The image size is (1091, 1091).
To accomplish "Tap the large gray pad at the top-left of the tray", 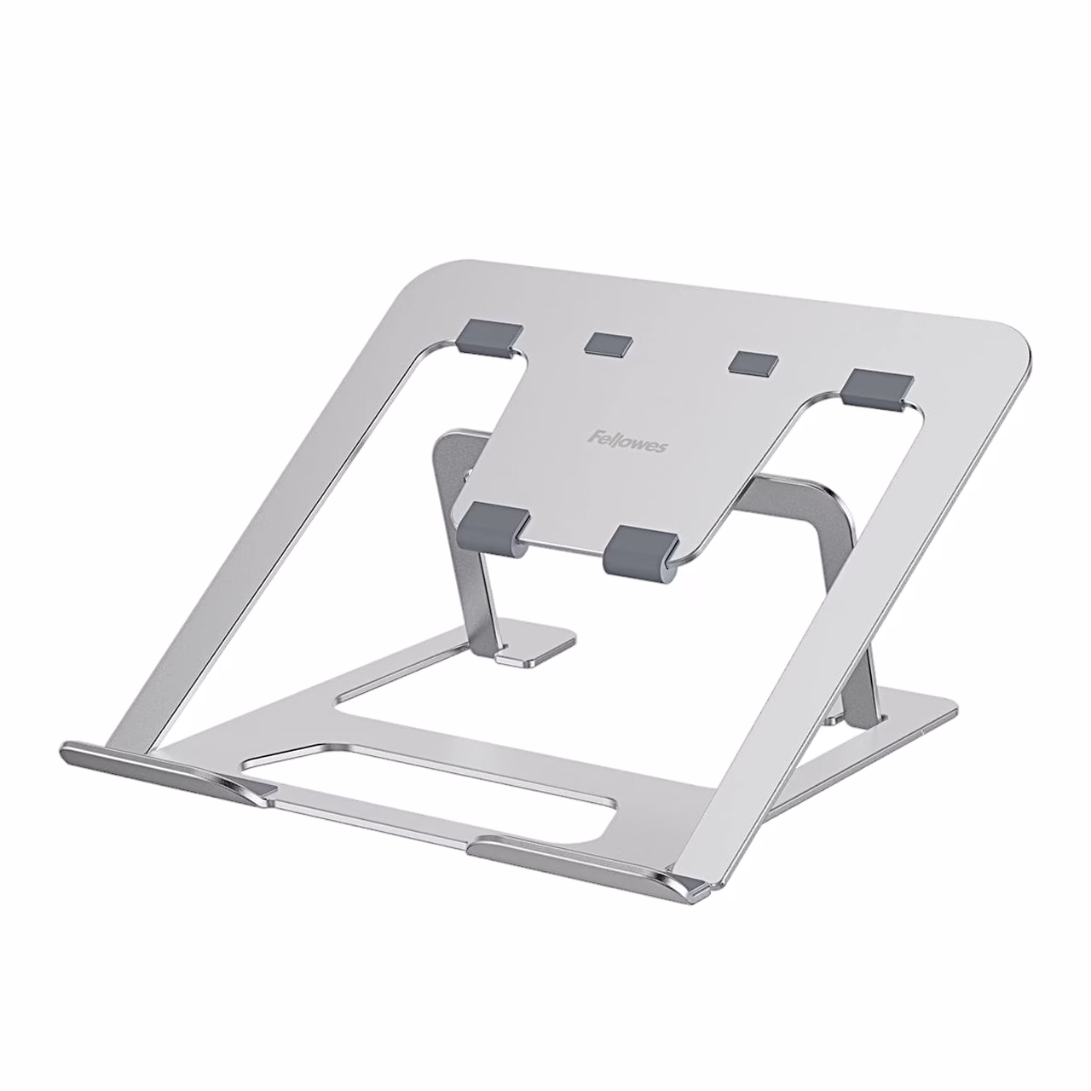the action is [491, 338].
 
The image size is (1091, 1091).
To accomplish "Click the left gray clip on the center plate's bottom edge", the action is [494, 528].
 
